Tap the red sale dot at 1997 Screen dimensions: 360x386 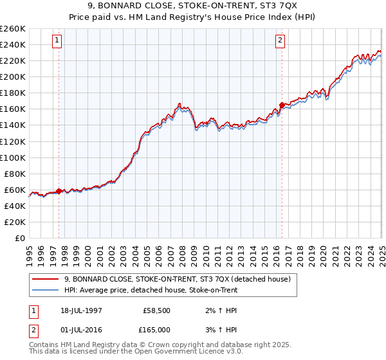pos(59,190)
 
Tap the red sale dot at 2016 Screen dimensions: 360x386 pos(282,105)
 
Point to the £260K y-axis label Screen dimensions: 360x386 pos(12,29)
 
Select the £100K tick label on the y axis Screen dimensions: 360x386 pos(12,157)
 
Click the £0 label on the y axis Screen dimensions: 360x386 pos(20,238)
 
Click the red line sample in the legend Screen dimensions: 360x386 pos(46,279)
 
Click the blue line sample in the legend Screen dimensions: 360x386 pos(46,290)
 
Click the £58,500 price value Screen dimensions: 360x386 pos(156,310)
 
